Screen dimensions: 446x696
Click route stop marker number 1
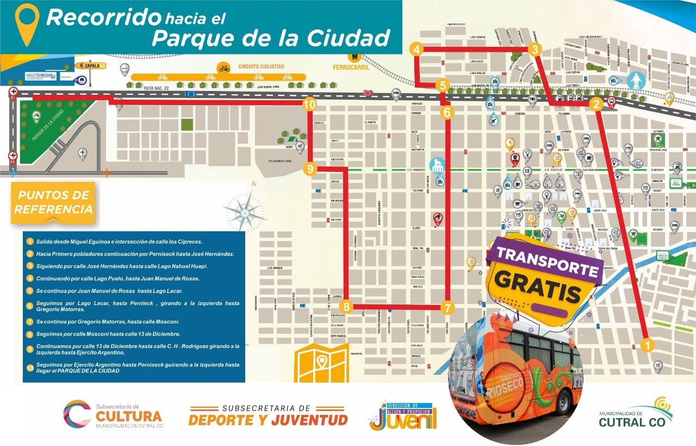[x=647, y=344]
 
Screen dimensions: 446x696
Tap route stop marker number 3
[x=535, y=50]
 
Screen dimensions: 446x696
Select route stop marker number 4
[x=417, y=50]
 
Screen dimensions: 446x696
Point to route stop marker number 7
[x=447, y=308]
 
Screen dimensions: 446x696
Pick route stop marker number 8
[x=347, y=307]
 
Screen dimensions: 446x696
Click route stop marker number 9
[x=310, y=169]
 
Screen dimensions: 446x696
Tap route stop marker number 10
[x=310, y=103]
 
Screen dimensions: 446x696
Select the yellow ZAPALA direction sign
[x=90, y=66]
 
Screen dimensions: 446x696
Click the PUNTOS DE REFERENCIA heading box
[x=53, y=203]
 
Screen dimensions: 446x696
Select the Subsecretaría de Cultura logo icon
[x=77, y=414]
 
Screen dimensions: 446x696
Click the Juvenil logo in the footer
[x=402, y=417]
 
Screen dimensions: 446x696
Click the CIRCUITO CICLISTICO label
[x=261, y=66]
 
